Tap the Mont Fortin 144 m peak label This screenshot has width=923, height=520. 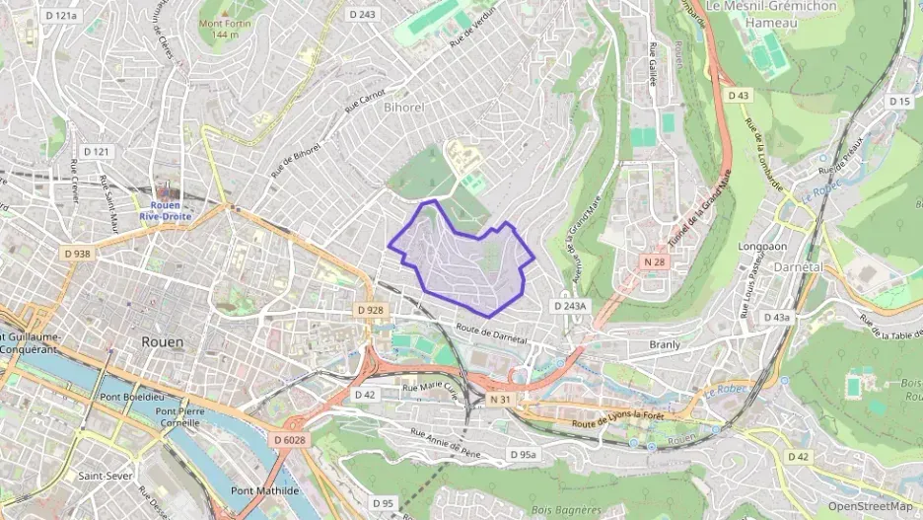click(x=225, y=29)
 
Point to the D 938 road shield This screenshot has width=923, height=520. click(x=77, y=254)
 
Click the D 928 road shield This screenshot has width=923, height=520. click(x=370, y=310)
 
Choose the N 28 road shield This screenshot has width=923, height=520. click(x=654, y=261)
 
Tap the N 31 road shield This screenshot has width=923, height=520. click(x=500, y=399)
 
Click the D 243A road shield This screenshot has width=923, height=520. click(x=569, y=306)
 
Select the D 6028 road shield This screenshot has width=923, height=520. click(x=291, y=439)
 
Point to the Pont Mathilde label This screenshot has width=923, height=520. click(x=264, y=490)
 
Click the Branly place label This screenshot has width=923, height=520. click(x=666, y=344)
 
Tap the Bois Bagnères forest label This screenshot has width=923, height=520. click(x=566, y=510)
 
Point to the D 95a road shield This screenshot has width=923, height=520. click(x=523, y=454)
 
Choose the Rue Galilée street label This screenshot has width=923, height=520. click(x=653, y=64)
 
